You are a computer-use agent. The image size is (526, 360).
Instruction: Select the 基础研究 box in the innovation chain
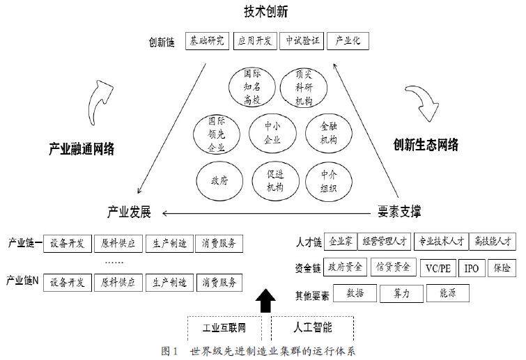207,40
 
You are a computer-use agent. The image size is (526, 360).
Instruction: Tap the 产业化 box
347,40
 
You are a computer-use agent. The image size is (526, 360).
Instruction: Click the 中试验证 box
302,40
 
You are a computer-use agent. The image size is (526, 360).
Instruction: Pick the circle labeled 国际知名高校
252,87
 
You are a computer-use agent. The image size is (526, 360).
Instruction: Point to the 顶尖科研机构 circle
303,87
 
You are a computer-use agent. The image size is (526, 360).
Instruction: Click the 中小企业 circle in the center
272,132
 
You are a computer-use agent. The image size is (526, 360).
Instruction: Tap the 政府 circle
219,180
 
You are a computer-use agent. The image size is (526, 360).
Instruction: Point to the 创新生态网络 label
426,145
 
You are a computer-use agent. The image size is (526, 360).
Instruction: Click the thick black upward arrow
264,300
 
